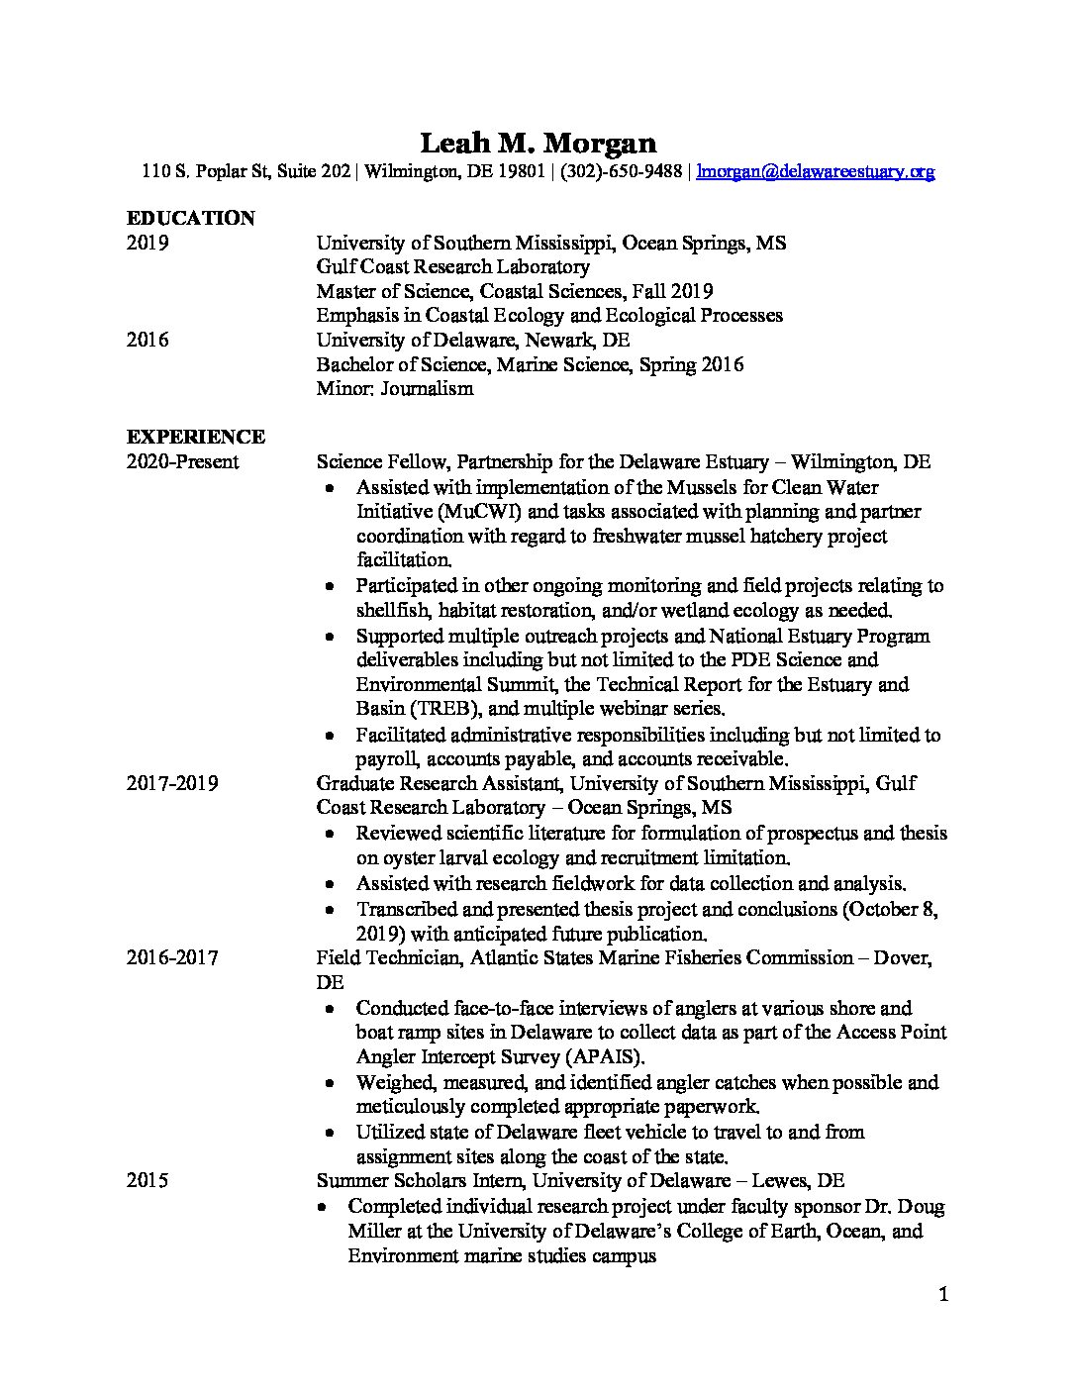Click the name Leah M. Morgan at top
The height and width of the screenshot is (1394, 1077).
[x=538, y=144]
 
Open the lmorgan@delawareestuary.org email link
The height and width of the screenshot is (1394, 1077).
[x=816, y=171]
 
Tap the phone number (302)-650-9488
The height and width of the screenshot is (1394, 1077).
[x=622, y=171]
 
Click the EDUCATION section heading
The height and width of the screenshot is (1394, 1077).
[x=190, y=218]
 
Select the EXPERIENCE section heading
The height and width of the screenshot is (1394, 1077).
[x=195, y=437]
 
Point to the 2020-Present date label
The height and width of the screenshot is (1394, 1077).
[x=182, y=462]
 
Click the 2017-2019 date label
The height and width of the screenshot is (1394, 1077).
[x=172, y=784]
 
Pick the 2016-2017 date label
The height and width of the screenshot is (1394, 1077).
[x=172, y=957]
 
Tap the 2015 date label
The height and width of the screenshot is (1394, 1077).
[x=147, y=1180]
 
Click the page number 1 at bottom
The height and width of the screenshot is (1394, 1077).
[x=943, y=1294]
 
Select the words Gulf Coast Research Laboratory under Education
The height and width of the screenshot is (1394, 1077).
[x=452, y=266]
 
